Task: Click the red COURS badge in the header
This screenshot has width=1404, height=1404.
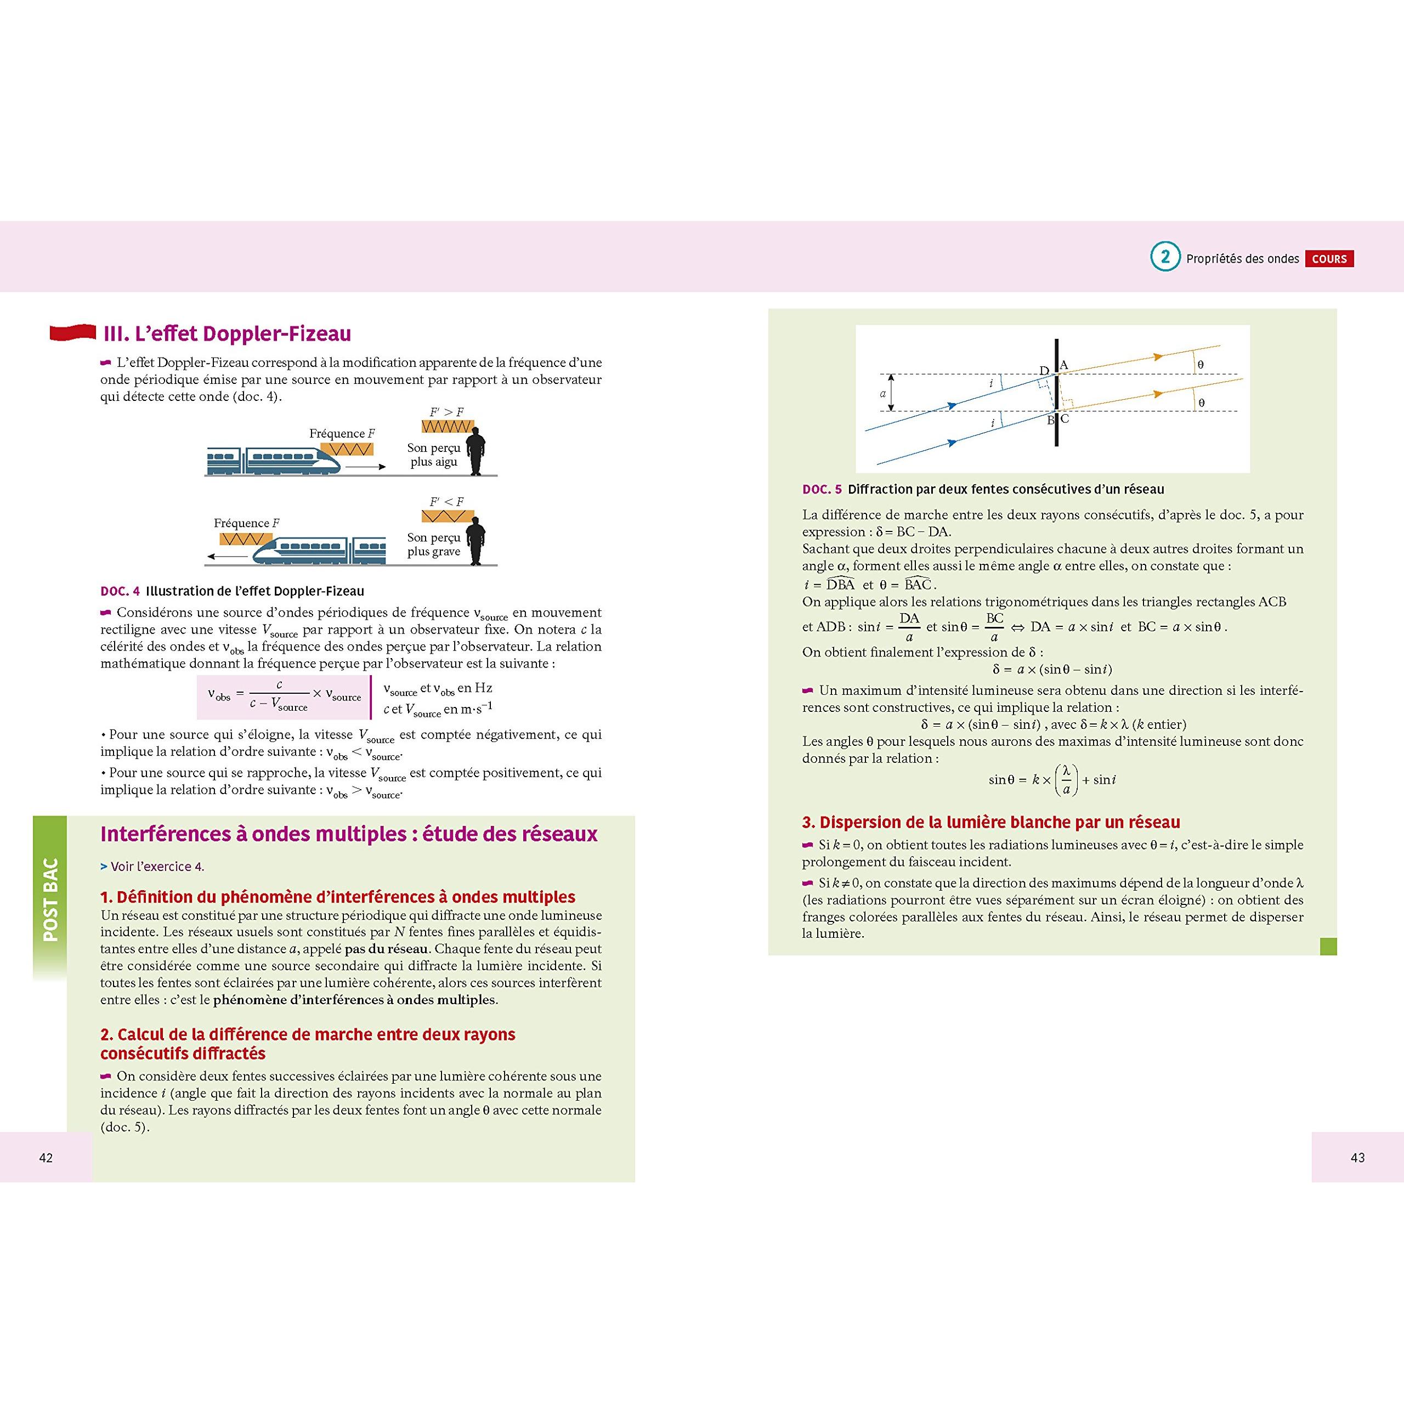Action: pyautogui.click(x=1329, y=259)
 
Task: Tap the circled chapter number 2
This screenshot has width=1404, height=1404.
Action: pyautogui.click(x=1165, y=257)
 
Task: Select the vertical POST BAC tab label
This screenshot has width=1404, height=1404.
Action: pyautogui.click(x=50, y=899)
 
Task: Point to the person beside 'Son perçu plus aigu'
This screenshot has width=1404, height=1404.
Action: pyautogui.click(x=476, y=451)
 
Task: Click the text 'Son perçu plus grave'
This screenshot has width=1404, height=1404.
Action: pyautogui.click(x=434, y=544)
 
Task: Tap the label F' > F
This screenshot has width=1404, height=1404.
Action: pyautogui.click(x=446, y=412)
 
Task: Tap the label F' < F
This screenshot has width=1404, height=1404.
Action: pyautogui.click(x=446, y=501)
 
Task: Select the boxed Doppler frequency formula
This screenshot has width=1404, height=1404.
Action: pyautogui.click(x=284, y=696)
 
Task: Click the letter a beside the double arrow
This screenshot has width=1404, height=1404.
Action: pyautogui.click(x=883, y=393)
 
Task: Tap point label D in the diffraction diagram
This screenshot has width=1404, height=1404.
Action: pyautogui.click(x=1044, y=371)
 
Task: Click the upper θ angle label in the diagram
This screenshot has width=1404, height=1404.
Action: pyautogui.click(x=1201, y=364)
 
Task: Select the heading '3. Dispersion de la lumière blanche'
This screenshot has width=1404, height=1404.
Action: pyautogui.click(x=990, y=822)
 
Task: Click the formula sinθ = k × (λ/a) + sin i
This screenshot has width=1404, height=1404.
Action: pyautogui.click(x=1051, y=780)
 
